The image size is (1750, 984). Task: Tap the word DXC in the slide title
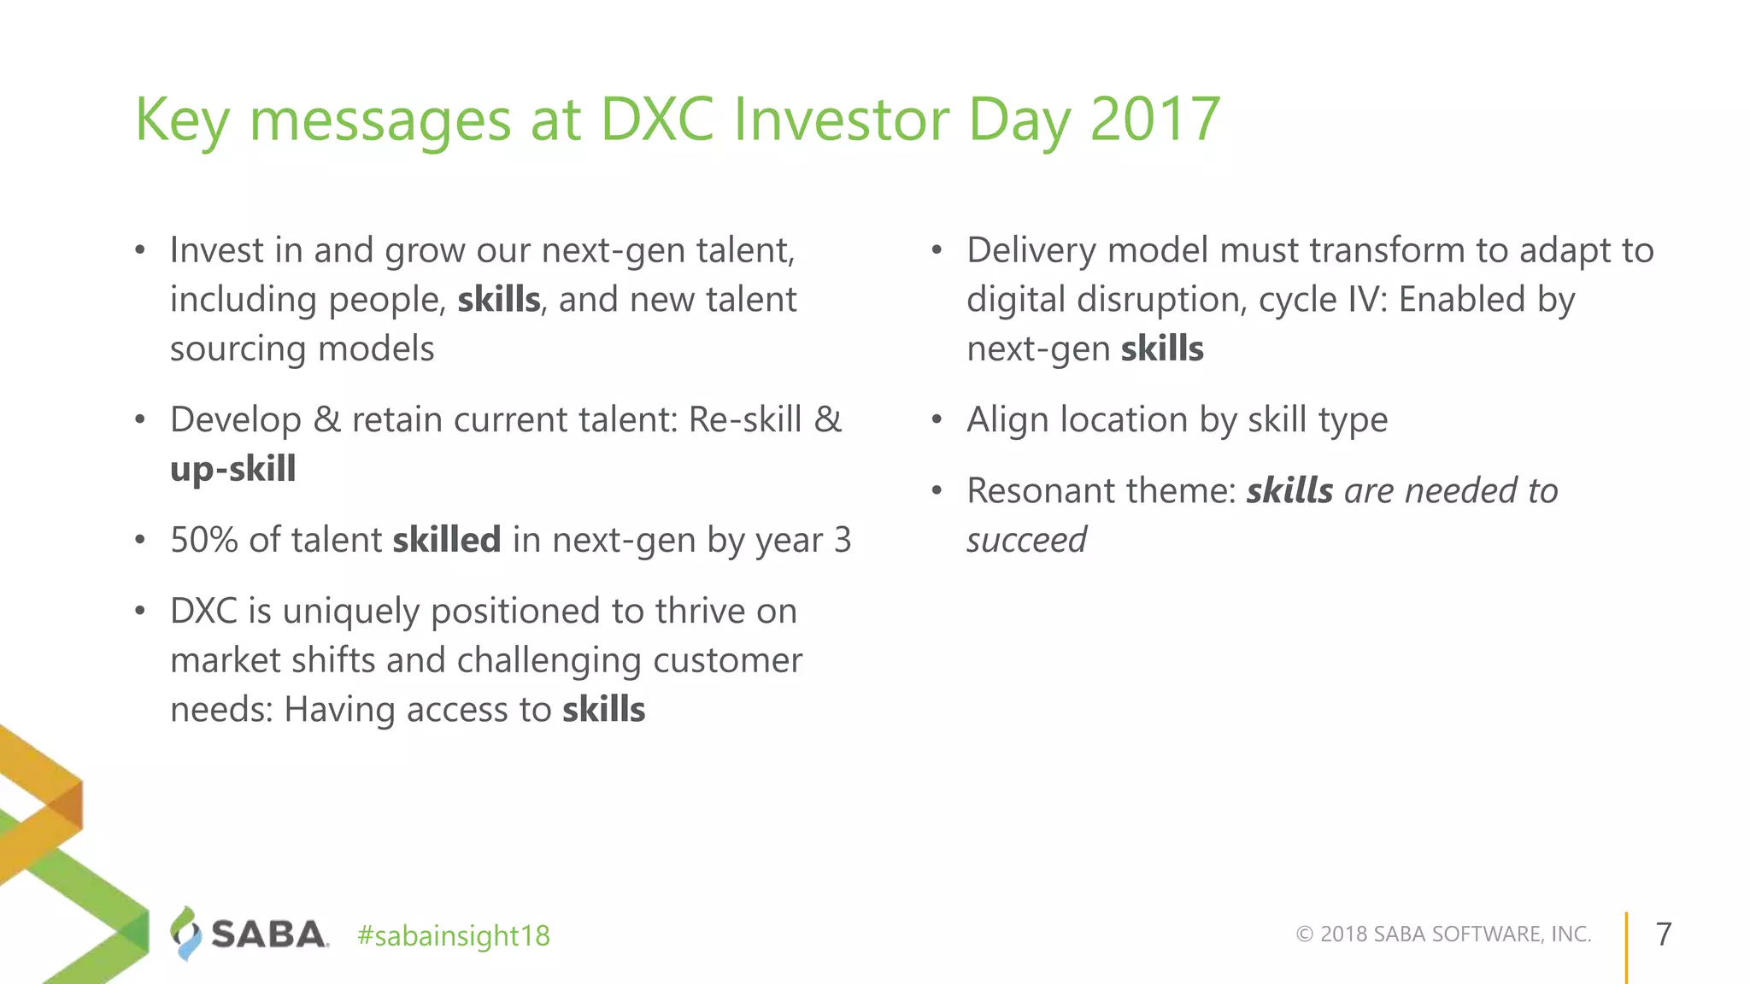click(x=656, y=119)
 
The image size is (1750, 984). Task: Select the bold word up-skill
click(x=232, y=469)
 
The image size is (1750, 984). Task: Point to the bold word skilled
click(x=446, y=540)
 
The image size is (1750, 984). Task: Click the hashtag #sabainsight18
click(x=454, y=936)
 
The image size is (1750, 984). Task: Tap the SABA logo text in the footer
click(x=268, y=934)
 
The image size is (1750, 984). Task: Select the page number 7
click(x=1663, y=934)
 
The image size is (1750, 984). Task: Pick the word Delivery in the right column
click(x=1031, y=251)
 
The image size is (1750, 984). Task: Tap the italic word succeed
click(x=1025, y=541)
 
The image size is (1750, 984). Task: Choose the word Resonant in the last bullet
click(x=1041, y=491)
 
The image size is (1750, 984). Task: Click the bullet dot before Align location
click(x=937, y=420)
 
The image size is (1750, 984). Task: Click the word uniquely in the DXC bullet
click(x=350, y=612)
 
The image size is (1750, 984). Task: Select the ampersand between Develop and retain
click(x=326, y=420)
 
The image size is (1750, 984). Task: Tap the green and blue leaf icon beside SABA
click(x=185, y=934)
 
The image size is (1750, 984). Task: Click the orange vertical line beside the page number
click(x=1626, y=946)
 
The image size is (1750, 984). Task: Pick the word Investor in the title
click(x=841, y=119)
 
